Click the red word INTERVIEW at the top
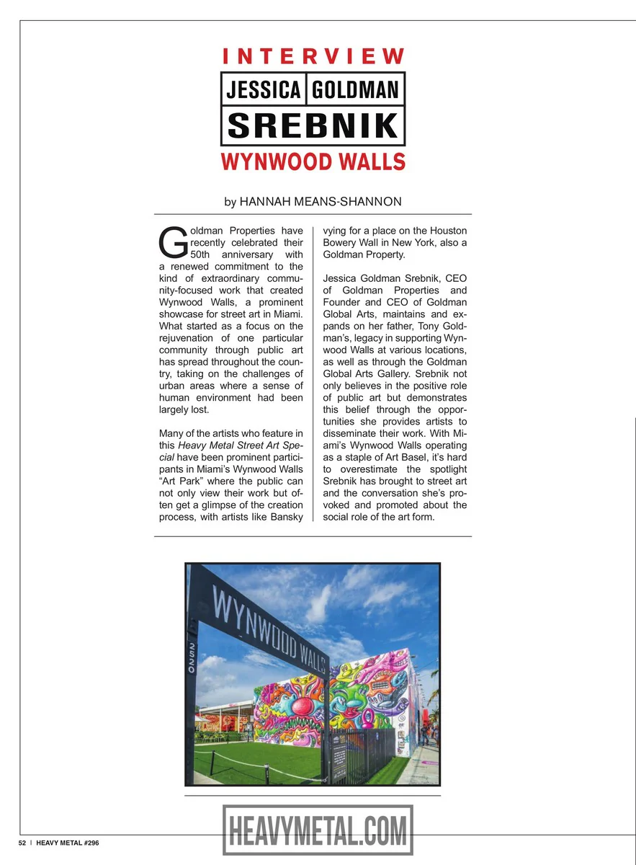(313, 56)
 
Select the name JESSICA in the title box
(264, 89)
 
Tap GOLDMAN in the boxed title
(356, 89)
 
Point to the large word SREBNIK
(313, 125)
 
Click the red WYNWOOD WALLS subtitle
(313, 161)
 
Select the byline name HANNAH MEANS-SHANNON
(321, 202)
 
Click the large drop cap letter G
(172, 244)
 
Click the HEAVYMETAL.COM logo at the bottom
(318, 830)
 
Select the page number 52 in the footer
(22, 843)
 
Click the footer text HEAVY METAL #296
(68, 843)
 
